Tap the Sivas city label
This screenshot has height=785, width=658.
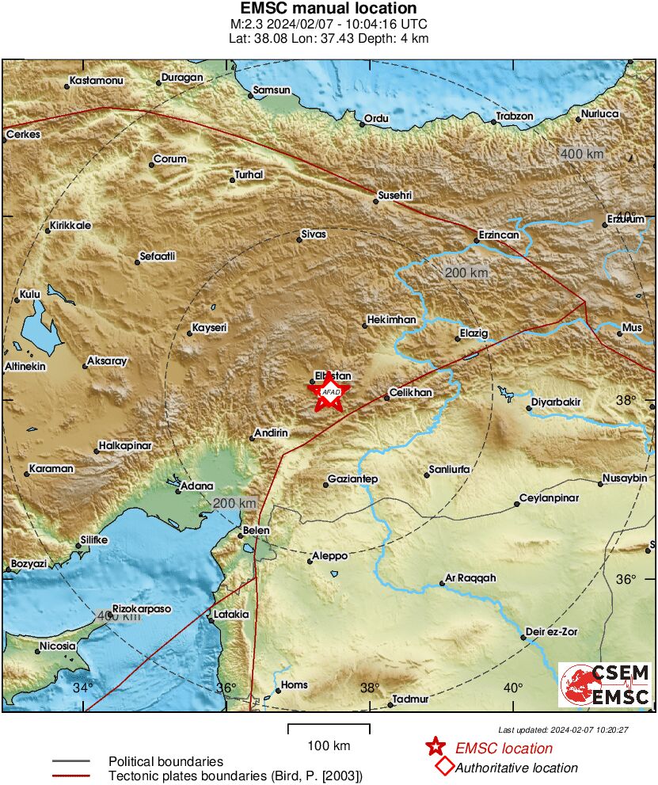314,234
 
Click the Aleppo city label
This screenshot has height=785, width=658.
330,557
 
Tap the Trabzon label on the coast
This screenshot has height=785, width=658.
515,116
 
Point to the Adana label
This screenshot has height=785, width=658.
197,486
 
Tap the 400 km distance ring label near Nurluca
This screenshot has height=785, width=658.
582,154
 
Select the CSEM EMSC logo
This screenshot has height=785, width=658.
605,684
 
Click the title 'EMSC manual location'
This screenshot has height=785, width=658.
329,9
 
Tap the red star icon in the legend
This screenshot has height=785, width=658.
435,747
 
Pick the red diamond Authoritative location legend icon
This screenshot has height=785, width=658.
444,766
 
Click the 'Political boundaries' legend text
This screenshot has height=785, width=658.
165,761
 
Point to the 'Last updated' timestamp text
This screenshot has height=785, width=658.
563,730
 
